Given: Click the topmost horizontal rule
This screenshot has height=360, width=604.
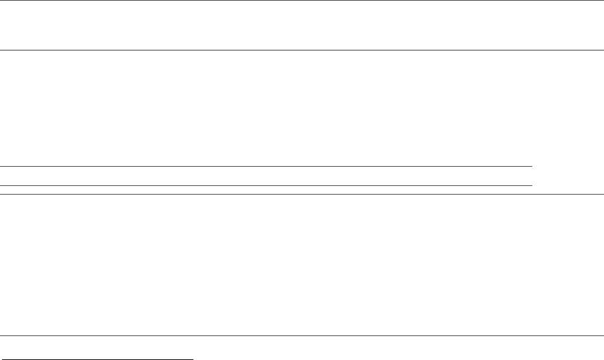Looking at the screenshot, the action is point(302,1).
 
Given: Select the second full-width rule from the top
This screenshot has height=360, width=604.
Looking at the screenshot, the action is point(302,50).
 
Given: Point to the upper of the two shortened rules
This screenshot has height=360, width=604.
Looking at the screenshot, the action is point(266,166).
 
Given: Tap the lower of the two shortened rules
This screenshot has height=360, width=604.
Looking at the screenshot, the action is point(266,185).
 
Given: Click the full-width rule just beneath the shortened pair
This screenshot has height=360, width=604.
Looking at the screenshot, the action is point(302,194).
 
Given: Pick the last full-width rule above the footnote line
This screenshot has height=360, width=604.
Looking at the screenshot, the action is point(302,335).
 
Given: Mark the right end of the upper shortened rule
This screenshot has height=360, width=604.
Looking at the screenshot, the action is point(532,166).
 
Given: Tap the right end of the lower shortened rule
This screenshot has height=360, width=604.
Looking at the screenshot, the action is point(532,185).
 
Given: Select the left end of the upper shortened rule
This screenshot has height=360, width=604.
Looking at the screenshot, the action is point(1,166).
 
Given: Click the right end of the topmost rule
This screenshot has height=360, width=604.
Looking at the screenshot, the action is point(603,1).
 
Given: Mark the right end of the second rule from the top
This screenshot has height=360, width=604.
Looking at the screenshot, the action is point(603,50).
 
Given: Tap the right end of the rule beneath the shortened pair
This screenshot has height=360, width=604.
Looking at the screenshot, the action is point(603,194).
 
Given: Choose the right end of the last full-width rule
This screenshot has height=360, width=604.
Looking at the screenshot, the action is point(603,335).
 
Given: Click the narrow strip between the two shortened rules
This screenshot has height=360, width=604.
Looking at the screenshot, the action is point(266,176).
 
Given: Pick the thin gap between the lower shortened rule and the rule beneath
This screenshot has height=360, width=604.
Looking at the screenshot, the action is point(266,190).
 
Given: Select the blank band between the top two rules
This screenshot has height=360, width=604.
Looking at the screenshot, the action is point(302,25).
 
